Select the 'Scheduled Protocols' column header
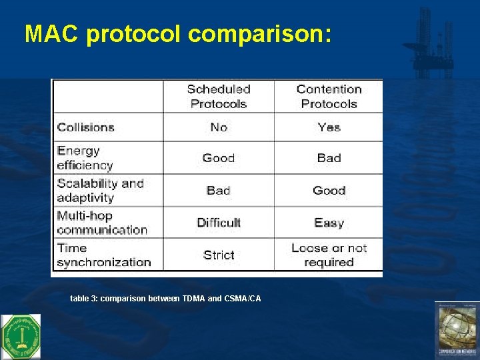219,97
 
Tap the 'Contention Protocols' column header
329,97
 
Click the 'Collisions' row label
86,127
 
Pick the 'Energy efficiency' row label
85,158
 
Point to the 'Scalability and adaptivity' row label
100,190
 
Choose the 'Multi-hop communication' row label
101,223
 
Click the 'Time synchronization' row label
103,255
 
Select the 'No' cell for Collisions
219,127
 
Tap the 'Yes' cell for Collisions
329,127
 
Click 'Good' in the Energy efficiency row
219,158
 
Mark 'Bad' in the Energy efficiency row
329,158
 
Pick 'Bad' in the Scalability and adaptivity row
219,190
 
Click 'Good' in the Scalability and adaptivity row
329,190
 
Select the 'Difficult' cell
219,223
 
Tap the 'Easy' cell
329,223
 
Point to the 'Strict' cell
219,255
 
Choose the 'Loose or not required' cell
329,255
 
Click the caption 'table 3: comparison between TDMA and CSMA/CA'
165,299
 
